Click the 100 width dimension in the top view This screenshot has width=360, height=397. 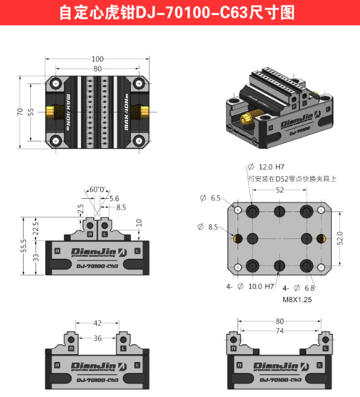pos(97,59)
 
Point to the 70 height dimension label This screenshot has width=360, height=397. pos(20,112)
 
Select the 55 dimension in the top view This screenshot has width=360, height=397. pos(31,112)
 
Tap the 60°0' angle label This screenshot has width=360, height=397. pos(97,189)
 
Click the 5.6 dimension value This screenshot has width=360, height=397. pos(114,198)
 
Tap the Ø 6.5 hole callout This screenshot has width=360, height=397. pos(211,198)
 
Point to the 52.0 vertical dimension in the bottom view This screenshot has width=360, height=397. pos(339,237)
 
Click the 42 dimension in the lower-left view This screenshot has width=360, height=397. pos(97,323)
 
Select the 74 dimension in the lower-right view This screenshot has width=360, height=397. pos(279,331)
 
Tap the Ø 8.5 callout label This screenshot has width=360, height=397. pos(208,227)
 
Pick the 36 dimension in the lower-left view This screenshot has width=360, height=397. pos(97,338)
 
